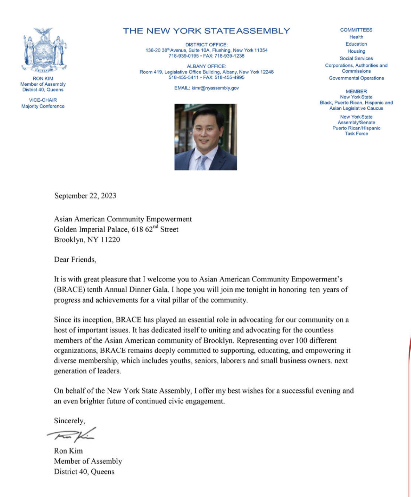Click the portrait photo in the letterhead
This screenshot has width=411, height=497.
click(205, 137)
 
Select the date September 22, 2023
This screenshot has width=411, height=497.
click(85, 196)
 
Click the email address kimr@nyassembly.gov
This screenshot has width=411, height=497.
click(215, 88)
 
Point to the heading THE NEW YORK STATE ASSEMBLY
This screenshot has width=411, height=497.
click(206, 31)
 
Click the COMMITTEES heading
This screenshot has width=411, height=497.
click(356, 30)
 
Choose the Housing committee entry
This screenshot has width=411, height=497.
click(356, 51)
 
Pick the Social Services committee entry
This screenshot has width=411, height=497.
click(356, 58)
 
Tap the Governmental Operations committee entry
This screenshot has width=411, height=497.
click(356, 78)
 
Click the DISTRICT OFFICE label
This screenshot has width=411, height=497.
click(206, 45)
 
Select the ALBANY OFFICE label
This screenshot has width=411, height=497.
click(206, 66)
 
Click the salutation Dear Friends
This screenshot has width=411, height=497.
click(75, 260)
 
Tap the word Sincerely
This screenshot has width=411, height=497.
click(69, 420)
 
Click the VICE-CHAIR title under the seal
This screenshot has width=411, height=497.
click(43, 100)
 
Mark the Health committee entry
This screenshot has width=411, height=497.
click(356, 37)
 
